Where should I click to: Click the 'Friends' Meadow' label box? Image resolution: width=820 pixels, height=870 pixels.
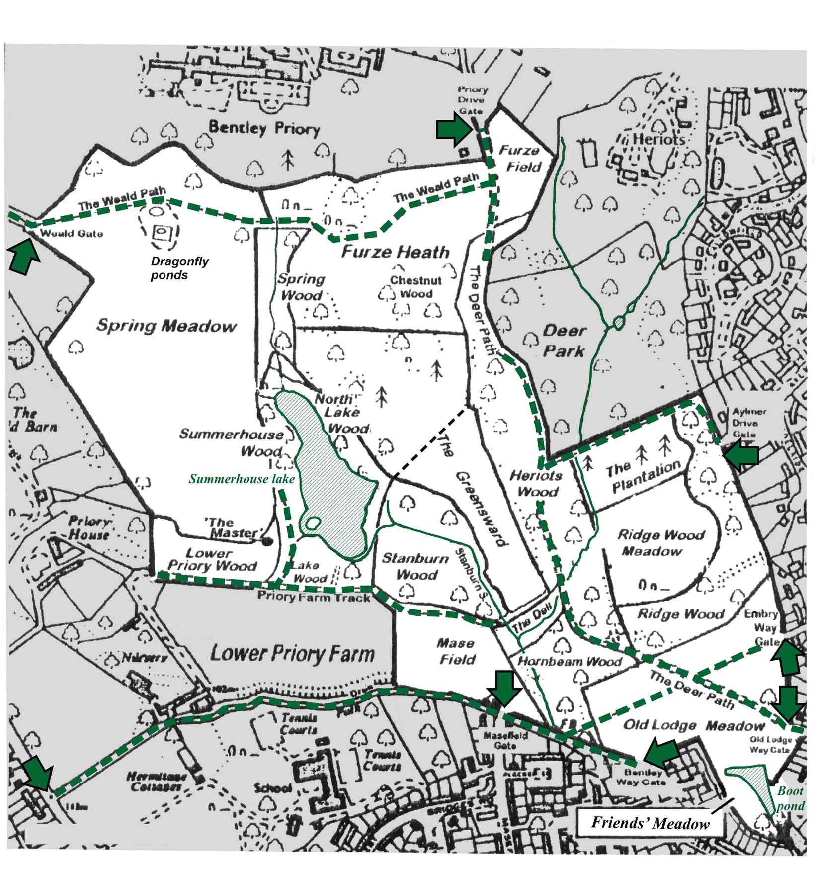650,823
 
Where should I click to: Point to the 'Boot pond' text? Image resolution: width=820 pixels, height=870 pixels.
790,798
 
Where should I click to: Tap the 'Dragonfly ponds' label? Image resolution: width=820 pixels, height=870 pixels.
179,268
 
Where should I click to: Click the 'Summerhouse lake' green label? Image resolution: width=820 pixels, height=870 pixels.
242,479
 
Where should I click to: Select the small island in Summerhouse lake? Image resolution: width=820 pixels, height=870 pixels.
312,522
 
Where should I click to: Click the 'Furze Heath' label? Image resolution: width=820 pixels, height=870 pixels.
395,252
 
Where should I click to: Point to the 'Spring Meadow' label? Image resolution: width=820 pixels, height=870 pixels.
166,326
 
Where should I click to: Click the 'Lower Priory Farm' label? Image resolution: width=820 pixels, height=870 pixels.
292,653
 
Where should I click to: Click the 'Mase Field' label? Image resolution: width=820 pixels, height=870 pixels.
456,651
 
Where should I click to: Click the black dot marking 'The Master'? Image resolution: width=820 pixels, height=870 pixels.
268,541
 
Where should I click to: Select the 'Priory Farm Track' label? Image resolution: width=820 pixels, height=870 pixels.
314,597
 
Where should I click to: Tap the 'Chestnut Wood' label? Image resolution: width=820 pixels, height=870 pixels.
415,287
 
